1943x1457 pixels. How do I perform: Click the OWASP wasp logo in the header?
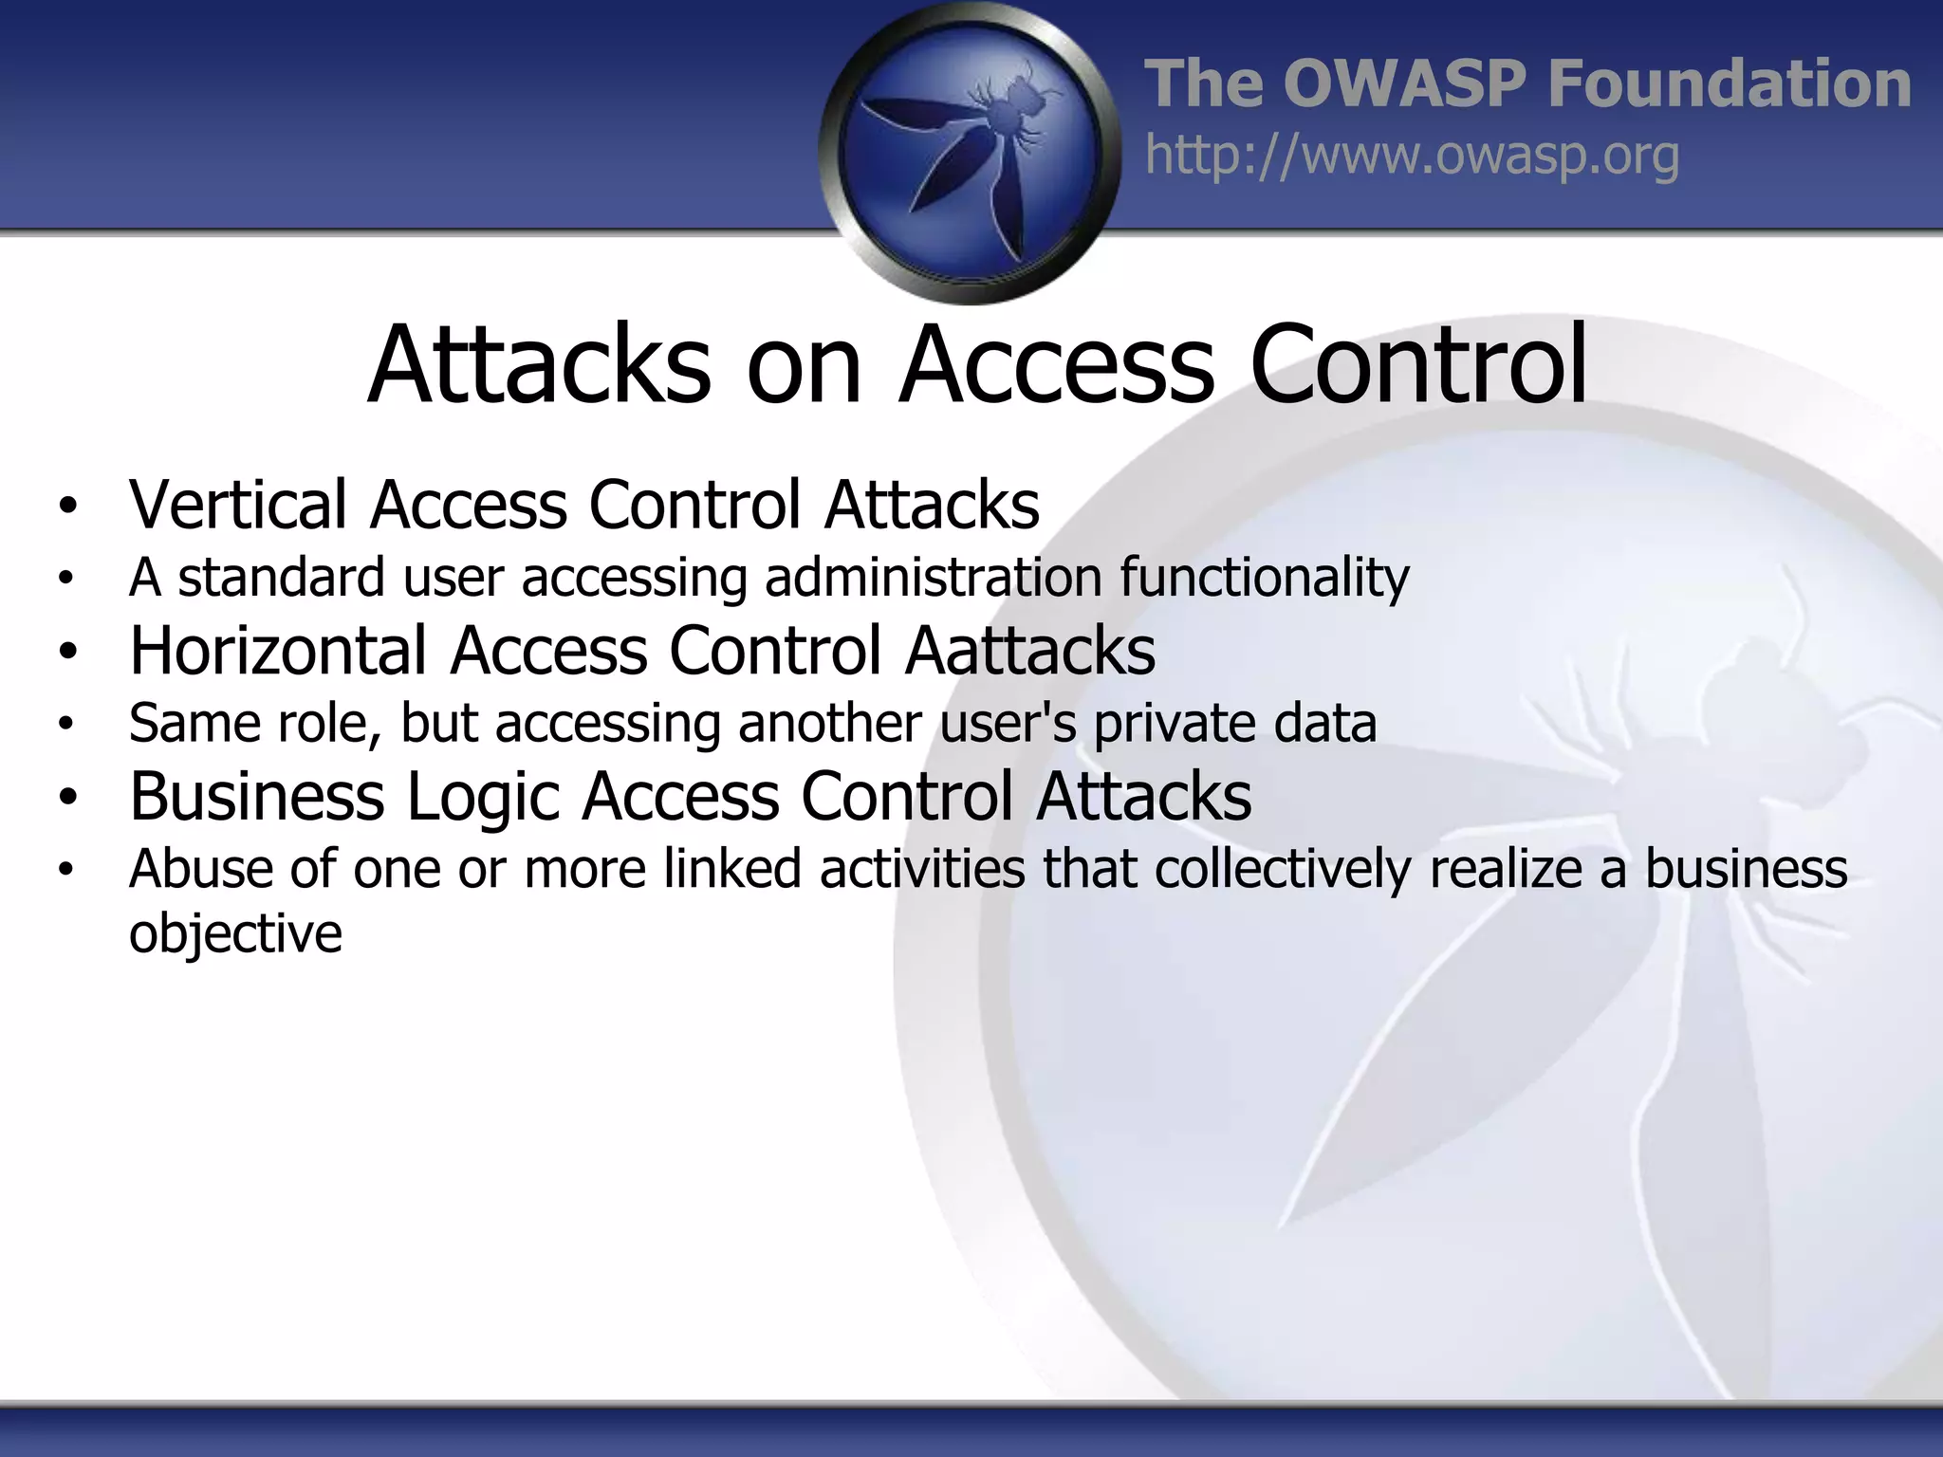[970, 152]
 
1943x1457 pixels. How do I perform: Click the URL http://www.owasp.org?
[1412, 156]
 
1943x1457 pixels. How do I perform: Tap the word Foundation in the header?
[1729, 83]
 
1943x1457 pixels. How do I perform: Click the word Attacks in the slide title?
[539, 366]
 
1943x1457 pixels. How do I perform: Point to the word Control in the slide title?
[1417, 366]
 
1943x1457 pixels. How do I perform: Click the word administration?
[934, 577]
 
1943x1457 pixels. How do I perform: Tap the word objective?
[235, 934]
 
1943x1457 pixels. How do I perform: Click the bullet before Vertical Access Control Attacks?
[65, 506]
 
